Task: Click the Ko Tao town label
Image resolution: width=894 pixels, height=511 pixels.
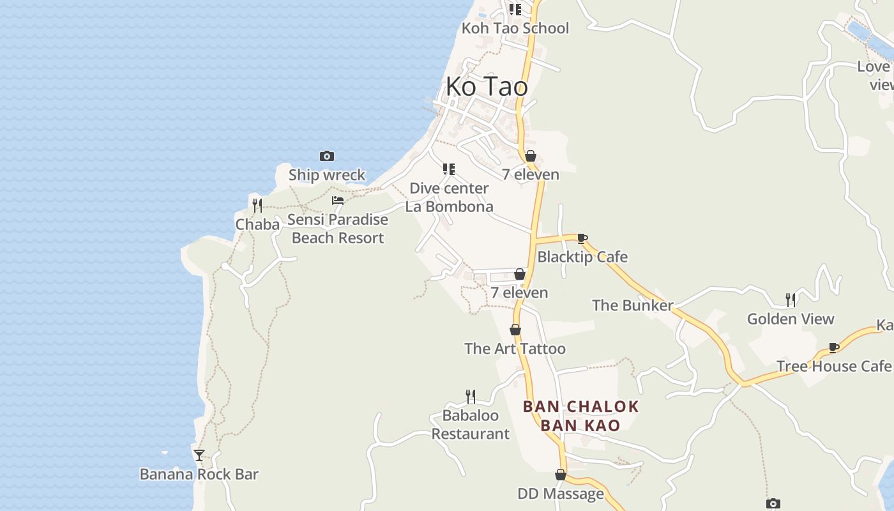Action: pyautogui.click(x=487, y=86)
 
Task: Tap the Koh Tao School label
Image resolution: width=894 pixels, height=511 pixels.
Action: pyautogui.click(x=515, y=28)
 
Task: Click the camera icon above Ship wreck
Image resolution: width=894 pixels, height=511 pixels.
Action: pyautogui.click(x=326, y=156)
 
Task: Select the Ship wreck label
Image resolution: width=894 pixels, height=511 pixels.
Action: pyautogui.click(x=326, y=174)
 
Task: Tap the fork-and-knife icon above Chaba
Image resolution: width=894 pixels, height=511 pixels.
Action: pyautogui.click(x=257, y=205)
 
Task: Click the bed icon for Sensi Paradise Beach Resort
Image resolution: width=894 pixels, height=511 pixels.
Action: pyautogui.click(x=338, y=201)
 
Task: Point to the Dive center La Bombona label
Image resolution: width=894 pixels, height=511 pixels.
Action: pyautogui.click(x=449, y=197)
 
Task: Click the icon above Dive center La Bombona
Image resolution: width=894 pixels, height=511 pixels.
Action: pyautogui.click(x=449, y=169)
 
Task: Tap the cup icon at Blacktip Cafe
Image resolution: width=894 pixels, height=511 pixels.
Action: pyautogui.click(x=582, y=239)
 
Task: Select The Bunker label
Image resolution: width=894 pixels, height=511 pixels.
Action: pyautogui.click(x=632, y=305)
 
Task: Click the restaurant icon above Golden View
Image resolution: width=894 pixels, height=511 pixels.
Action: pyautogui.click(x=790, y=300)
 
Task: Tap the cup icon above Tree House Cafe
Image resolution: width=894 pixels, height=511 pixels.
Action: pyautogui.click(x=833, y=347)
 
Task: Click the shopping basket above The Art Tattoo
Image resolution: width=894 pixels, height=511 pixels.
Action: pyautogui.click(x=515, y=330)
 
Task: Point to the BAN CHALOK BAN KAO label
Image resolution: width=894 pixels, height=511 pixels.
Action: pyautogui.click(x=580, y=416)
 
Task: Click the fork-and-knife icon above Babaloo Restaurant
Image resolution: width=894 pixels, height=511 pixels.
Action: pyautogui.click(x=470, y=397)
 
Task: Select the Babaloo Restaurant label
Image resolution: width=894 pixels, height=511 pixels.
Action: pyautogui.click(x=471, y=425)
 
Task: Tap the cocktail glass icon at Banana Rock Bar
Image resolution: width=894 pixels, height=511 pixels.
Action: pyautogui.click(x=199, y=455)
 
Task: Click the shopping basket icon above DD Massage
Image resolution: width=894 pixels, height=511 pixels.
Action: pyautogui.click(x=560, y=475)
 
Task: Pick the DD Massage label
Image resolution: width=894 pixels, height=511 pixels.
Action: pyautogui.click(x=560, y=493)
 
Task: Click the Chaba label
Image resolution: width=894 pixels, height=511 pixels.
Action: pyautogui.click(x=257, y=224)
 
